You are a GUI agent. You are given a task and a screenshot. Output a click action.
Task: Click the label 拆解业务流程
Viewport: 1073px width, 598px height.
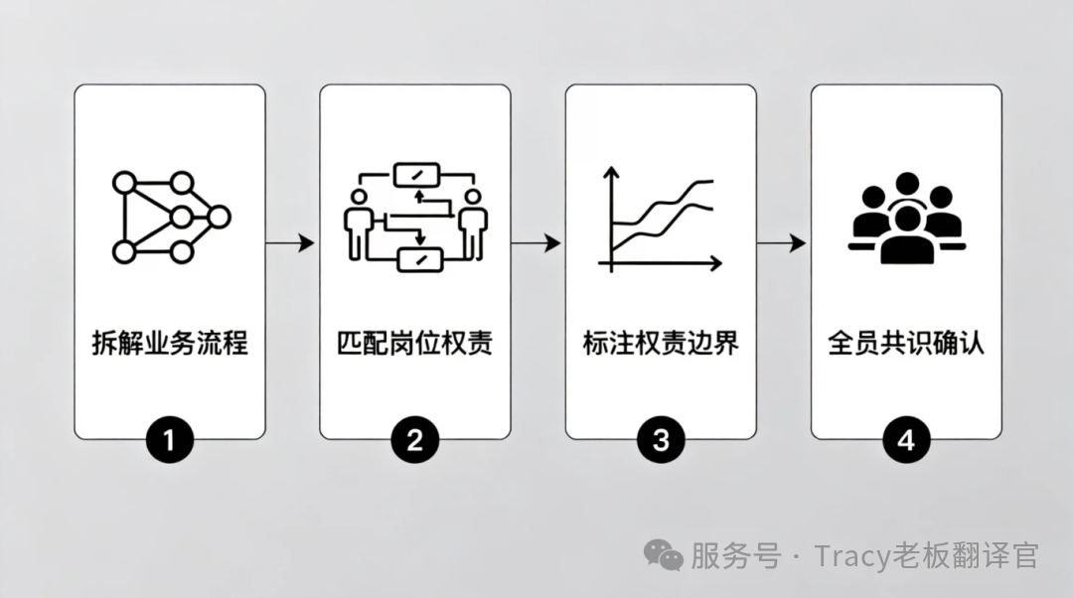point(169,344)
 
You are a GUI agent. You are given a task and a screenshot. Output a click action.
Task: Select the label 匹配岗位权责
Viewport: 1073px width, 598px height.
point(414,344)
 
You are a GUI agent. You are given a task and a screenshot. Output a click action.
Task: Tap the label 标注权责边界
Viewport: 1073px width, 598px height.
point(661,344)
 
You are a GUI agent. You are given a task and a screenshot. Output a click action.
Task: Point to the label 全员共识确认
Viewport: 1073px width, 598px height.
point(906,344)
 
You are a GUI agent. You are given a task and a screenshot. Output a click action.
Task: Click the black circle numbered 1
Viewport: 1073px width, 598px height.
point(169,438)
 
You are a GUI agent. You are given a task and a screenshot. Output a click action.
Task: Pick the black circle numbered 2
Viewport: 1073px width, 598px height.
point(414,438)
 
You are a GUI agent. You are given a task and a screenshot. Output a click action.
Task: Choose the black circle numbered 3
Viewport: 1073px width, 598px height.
point(661,438)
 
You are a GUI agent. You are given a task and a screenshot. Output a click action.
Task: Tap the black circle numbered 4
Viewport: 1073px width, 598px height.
point(906,438)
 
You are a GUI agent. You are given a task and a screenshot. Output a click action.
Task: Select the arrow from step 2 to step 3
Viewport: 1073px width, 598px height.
point(537,242)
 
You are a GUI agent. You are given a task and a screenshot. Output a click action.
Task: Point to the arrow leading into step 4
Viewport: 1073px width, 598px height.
point(783,242)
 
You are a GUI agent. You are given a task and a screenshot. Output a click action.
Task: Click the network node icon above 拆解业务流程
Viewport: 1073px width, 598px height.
point(169,217)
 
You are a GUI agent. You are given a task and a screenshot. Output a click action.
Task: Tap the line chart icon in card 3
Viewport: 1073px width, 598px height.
point(660,221)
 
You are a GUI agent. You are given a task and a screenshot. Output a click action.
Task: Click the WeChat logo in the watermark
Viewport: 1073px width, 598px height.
point(663,554)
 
